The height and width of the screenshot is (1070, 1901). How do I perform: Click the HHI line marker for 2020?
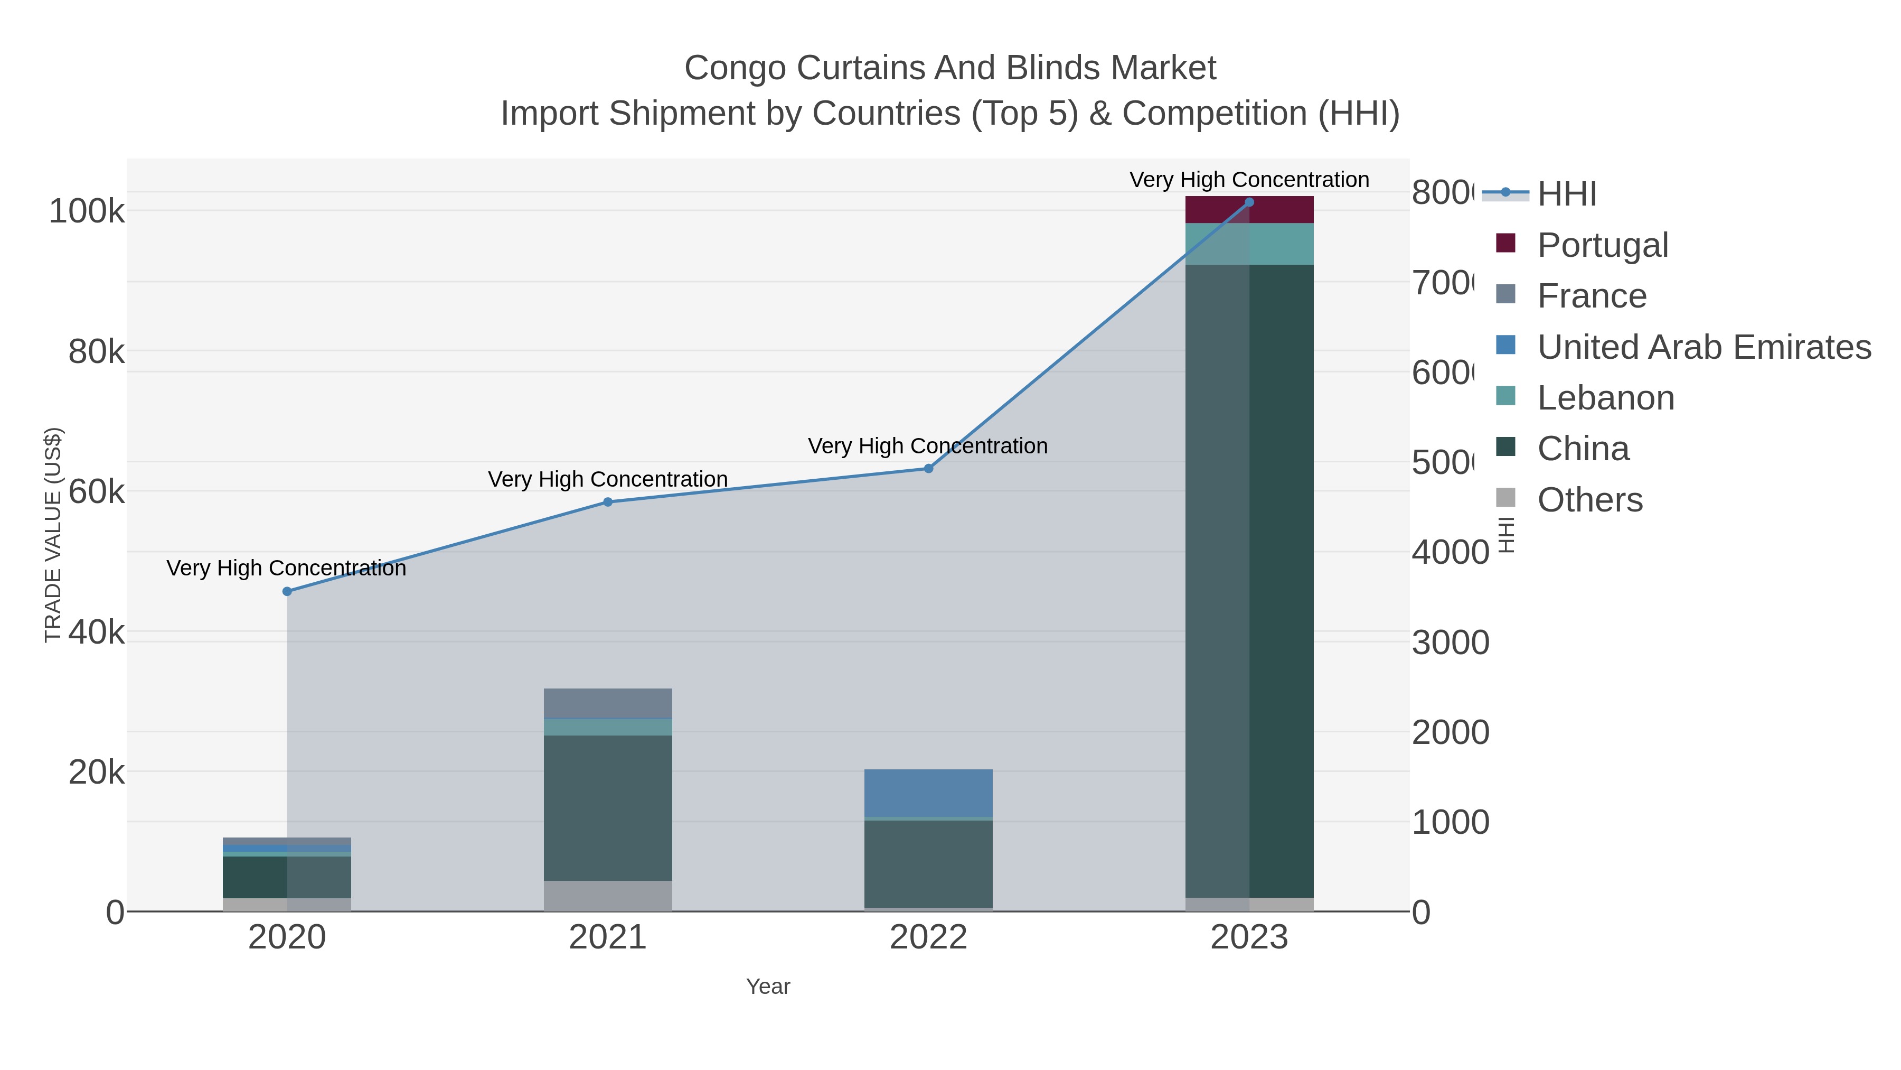(287, 591)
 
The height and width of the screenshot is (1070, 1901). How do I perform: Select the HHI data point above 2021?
(608, 502)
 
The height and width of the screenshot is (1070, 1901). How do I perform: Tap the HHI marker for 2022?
(928, 468)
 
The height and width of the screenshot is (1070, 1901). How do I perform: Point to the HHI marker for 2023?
(1249, 202)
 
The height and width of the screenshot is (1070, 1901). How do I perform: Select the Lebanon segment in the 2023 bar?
(1249, 244)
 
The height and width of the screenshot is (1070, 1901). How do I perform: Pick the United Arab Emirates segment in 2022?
(928, 793)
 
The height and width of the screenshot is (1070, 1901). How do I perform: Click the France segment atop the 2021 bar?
(608, 703)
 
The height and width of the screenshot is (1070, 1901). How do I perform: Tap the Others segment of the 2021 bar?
(608, 895)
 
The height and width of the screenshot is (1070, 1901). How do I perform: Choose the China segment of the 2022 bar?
(928, 863)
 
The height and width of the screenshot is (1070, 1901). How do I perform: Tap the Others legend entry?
(1589, 500)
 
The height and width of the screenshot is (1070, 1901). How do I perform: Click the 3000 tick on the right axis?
(1450, 643)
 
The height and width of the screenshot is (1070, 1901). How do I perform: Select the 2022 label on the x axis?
(928, 937)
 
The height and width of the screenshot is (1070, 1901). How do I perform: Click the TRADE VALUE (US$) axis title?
(53, 535)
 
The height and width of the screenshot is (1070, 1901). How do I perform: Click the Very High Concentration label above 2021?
(608, 479)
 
